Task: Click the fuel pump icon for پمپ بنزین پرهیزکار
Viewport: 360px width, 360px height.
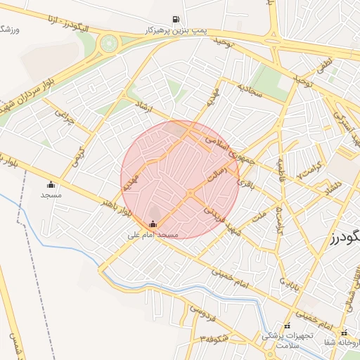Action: coord(174,19)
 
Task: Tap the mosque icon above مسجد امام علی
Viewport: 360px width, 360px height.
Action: coord(153,224)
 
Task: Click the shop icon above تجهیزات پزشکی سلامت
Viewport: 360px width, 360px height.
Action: coord(287,326)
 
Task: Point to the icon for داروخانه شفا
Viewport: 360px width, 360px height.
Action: coord(344,333)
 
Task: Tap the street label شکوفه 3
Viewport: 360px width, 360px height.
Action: coord(214,340)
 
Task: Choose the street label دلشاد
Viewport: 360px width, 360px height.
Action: coord(328,188)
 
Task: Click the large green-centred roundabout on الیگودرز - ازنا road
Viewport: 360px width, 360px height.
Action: coord(108,44)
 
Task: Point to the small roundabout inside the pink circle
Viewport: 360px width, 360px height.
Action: coord(191,193)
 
